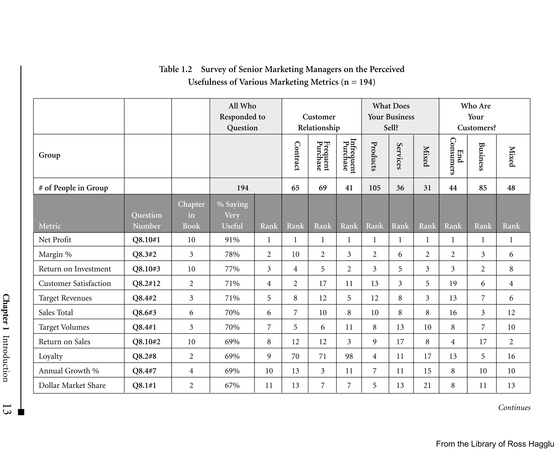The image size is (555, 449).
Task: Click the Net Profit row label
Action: pyautogui.click(x=55, y=240)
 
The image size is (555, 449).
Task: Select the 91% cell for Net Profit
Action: pyautogui.click(x=232, y=240)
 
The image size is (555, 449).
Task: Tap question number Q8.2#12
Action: pyautogui.click(x=146, y=283)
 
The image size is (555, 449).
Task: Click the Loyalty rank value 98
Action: pyautogui.click(x=349, y=356)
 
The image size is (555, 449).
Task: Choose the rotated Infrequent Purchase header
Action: pyautogui.click(x=349, y=156)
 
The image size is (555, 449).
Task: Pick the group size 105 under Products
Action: pyautogui.click(x=375, y=188)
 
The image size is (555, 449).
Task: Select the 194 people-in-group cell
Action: pyautogui.click(x=243, y=188)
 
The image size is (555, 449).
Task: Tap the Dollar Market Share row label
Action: pyautogui.click(x=72, y=385)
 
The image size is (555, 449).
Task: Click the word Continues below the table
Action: pyautogui.click(x=514, y=408)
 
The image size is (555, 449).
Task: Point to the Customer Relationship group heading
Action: pyautogui.click(x=319, y=122)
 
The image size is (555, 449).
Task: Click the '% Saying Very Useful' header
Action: pyautogui.click(x=232, y=215)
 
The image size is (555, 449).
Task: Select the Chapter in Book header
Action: pyautogui.click(x=191, y=215)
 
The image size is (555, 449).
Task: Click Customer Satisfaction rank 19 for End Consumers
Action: pyautogui.click(x=453, y=283)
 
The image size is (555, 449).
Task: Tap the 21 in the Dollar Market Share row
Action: pyautogui.click(x=427, y=385)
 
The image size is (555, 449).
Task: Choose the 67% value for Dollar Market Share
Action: pyautogui.click(x=232, y=385)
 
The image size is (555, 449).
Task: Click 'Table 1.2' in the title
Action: pyautogui.click(x=175, y=69)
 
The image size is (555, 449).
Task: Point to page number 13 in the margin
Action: pyautogui.click(x=7, y=409)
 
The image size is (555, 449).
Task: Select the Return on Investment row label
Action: pyautogui.click(x=75, y=269)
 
